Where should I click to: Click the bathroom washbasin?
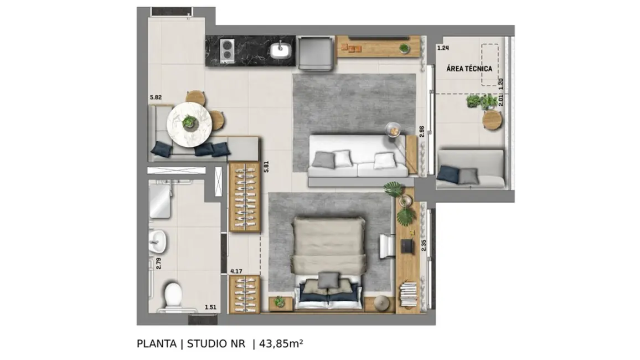[x=159, y=240]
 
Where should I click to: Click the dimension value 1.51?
[x=210, y=307]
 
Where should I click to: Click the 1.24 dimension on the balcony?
[x=442, y=48]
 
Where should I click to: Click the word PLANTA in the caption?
[x=157, y=344]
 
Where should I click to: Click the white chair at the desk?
[x=386, y=245]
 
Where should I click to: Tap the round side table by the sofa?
[x=393, y=128]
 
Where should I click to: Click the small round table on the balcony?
[x=492, y=120]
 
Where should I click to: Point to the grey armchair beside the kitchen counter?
[x=316, y=53]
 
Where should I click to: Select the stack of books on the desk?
[x=408, y=294]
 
